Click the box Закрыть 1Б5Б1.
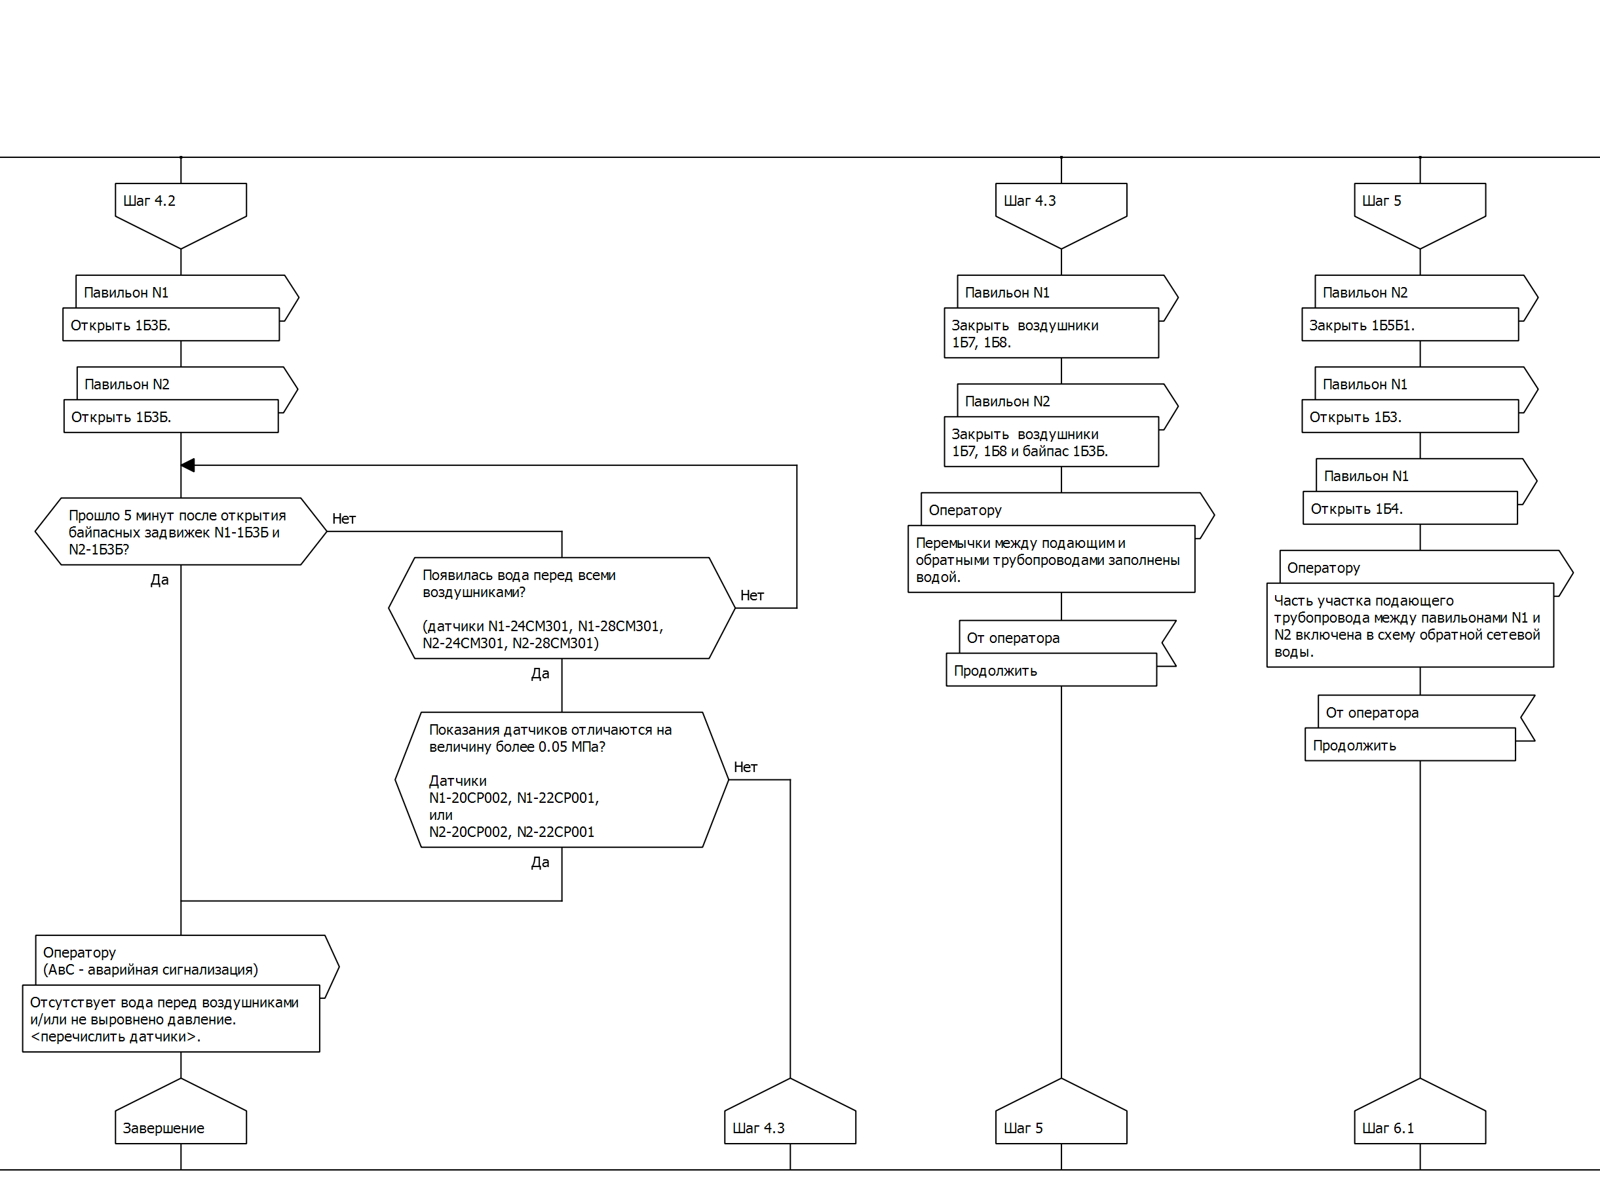coord(1409,325)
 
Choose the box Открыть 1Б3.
coord(1409,417)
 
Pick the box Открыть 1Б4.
coord(1409,509)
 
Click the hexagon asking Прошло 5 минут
coord(180,532)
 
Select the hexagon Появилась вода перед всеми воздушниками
coord(562,608)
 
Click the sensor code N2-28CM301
coord(556,643)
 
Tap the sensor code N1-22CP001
coord(558,798)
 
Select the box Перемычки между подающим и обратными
coord(1051,559)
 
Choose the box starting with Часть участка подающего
coord(1409,626)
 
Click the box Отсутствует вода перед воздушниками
coord(170,1019)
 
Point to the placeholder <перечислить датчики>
coord(115,1036)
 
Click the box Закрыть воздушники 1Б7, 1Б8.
coord(1050,333)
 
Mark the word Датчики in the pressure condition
coord(457,781)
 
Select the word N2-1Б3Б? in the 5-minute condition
coord(99,549)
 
